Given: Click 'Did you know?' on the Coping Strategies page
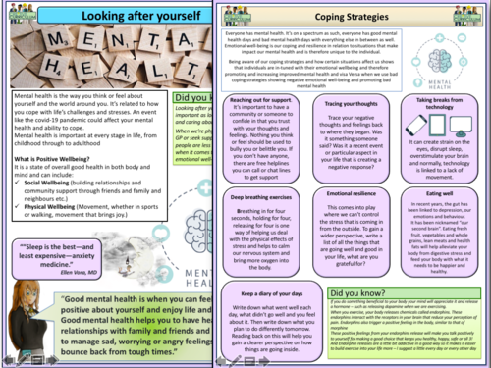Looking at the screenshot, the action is pos(362,293).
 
